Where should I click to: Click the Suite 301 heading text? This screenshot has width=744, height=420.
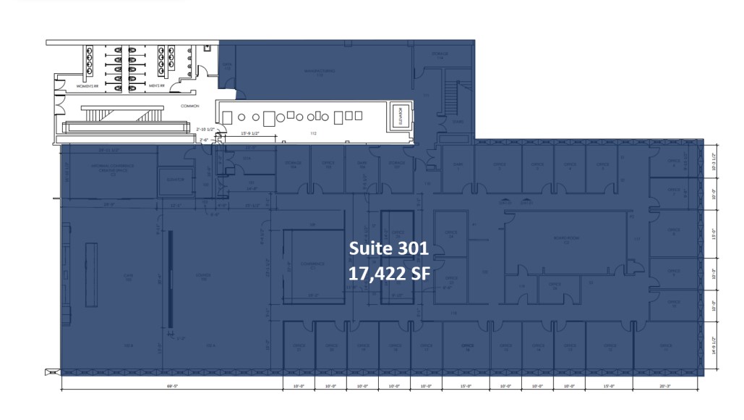point(389,248)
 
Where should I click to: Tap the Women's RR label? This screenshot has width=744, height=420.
point(87,85)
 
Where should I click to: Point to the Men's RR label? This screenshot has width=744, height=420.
point(157,85)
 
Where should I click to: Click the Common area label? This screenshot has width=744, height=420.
point(189,106)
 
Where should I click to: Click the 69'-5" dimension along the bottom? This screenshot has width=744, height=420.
point(171,386)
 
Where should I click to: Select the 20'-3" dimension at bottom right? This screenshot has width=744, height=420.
point(665,386)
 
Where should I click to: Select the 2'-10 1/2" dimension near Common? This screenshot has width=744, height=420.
point(207,129)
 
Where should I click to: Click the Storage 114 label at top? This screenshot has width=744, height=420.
point(440,55)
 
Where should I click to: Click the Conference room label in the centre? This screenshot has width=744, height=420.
point(313,266)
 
